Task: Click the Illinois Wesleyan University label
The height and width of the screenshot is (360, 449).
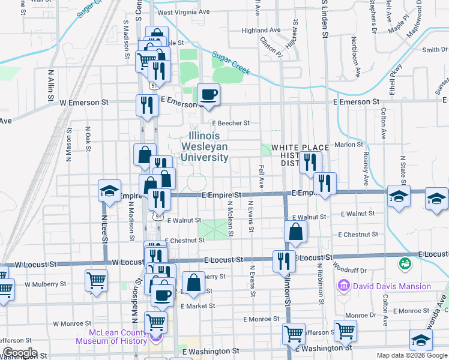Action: tap(208, 146)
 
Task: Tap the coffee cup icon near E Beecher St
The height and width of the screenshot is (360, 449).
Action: tap(209, 95)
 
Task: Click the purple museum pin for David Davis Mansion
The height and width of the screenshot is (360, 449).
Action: tap(345, 286)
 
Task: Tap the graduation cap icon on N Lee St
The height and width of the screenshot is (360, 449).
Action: tap(110, 190)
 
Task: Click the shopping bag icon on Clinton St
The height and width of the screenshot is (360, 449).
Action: tap(296, 231)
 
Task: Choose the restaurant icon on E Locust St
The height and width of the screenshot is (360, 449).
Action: tap(283, 260)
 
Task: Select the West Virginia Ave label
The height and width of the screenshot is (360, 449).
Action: tap(183, 12)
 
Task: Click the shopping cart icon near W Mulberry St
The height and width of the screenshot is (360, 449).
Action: tap(96, 280)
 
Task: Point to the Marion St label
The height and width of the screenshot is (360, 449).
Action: tap(346, 145)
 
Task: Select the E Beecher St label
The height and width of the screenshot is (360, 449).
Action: tap(230, 123)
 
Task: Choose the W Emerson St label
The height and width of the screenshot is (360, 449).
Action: tap(84, 103)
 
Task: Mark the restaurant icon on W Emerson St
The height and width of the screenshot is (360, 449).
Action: tap(146, 105)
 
